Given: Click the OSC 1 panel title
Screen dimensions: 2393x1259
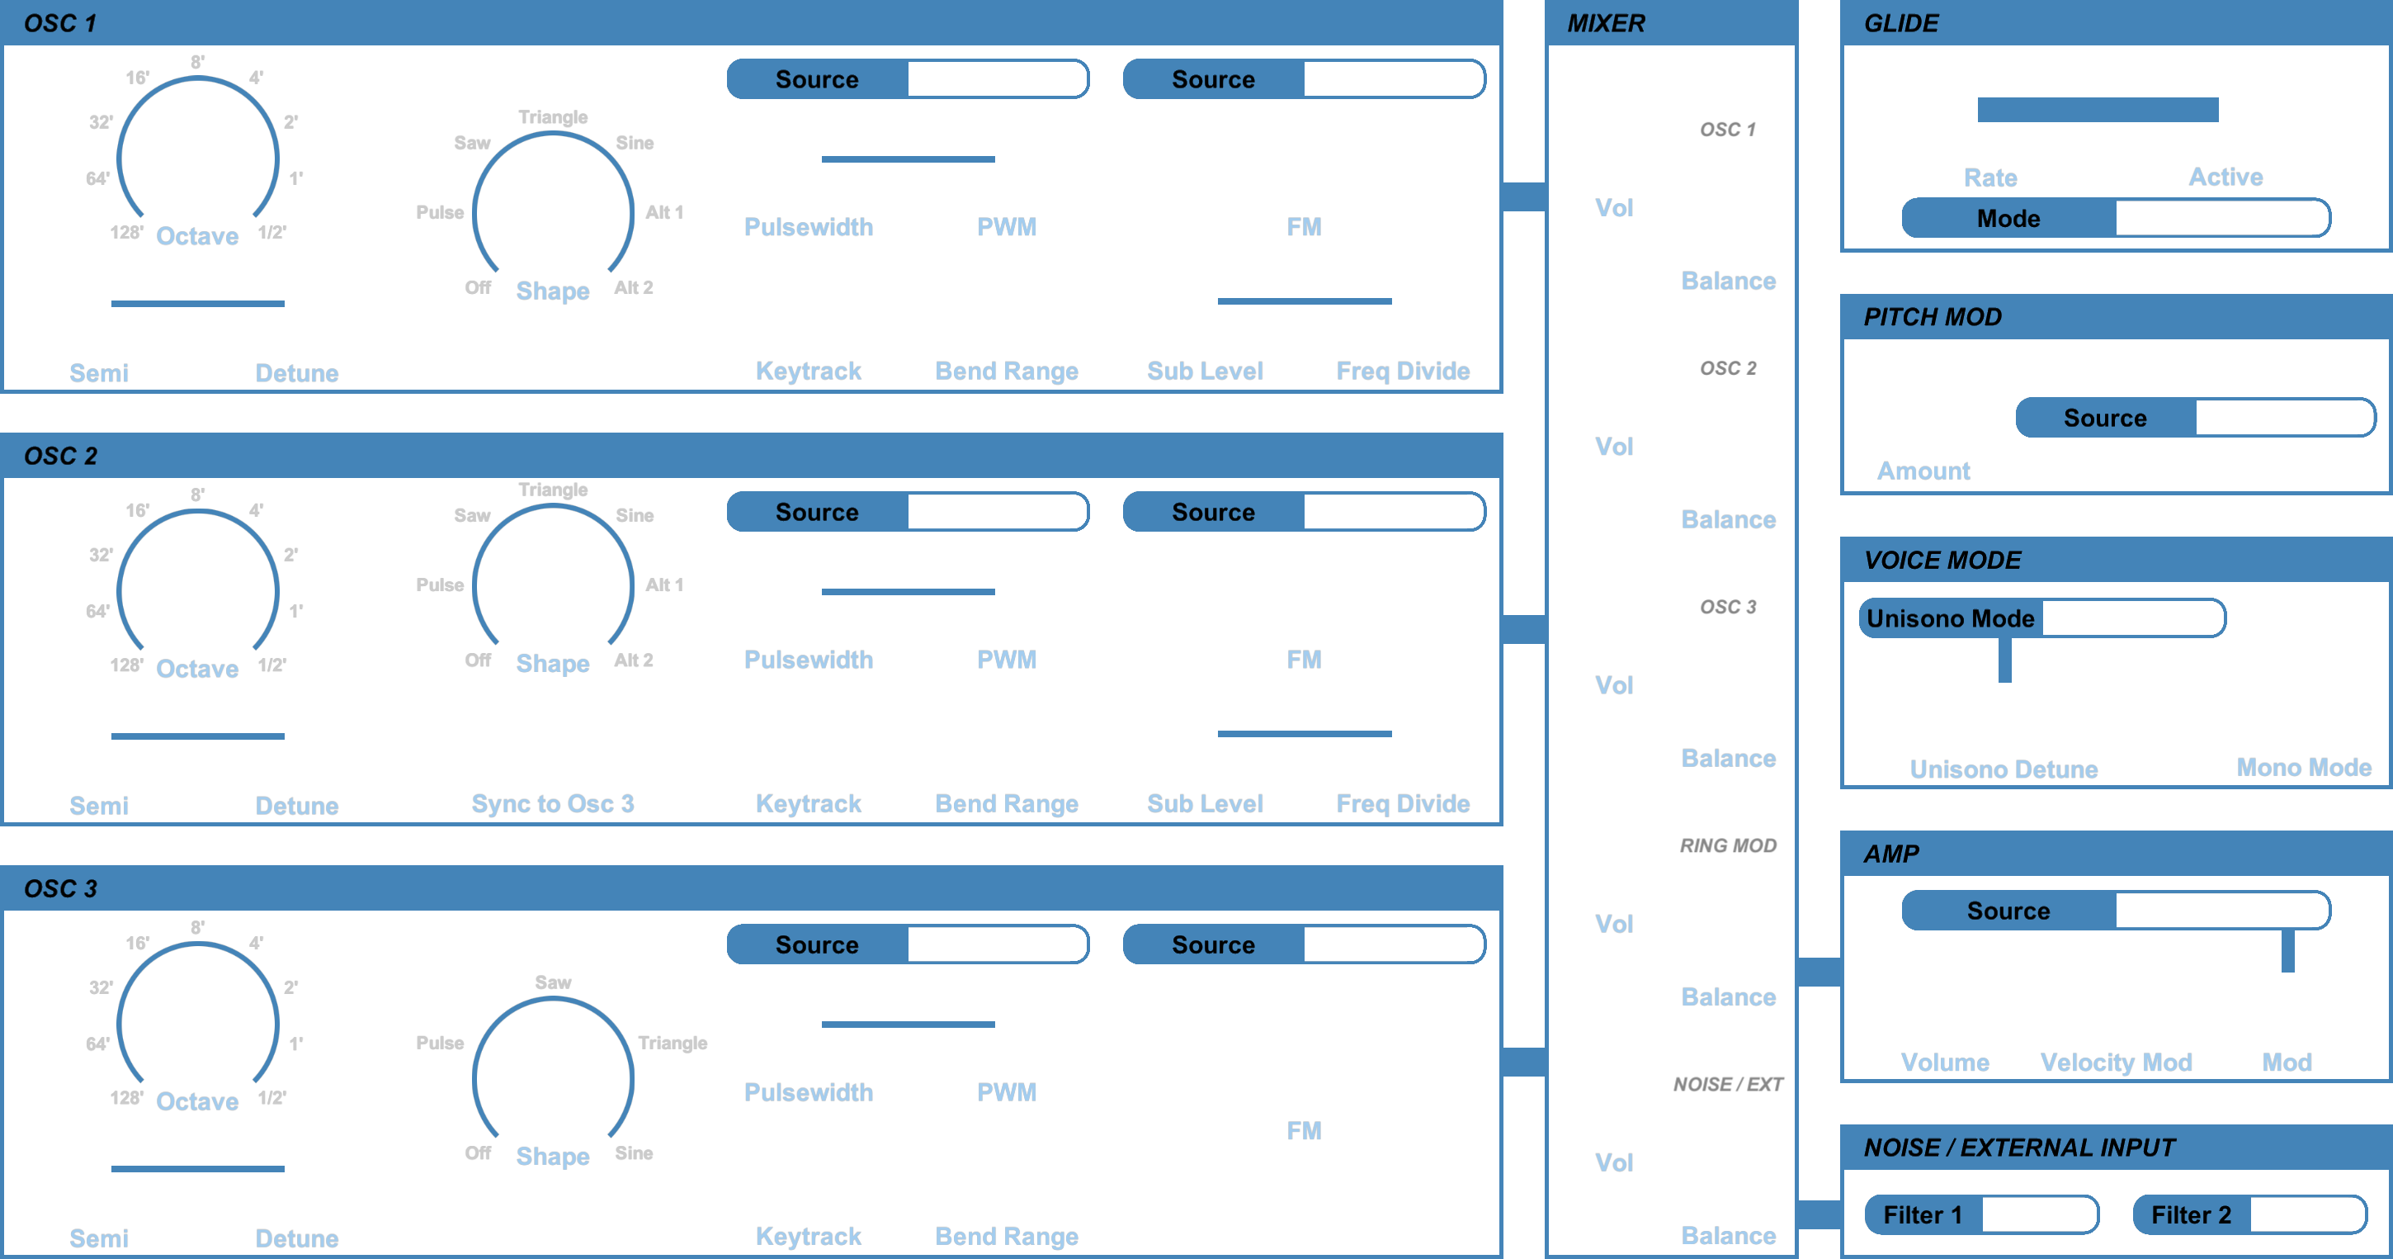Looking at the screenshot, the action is (60, 23).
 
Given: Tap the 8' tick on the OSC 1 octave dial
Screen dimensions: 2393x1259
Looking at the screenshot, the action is (198, 62).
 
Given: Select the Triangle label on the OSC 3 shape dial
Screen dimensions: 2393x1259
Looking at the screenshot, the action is (673, 1043).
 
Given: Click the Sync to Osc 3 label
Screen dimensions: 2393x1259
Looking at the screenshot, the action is (553, 804).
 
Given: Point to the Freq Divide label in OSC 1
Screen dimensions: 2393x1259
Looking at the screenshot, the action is (1403, 371).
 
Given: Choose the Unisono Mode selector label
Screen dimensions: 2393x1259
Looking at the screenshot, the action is (1950, 619).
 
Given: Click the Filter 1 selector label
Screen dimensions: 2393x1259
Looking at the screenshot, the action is (1922, 1215).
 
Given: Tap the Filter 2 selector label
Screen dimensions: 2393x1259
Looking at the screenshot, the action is (2191, 1215).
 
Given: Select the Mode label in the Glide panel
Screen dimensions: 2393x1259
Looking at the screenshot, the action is (2008, 218).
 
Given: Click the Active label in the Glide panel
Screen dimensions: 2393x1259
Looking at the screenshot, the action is (2225, 177).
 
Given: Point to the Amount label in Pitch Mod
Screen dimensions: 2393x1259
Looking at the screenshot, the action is (1923, 471).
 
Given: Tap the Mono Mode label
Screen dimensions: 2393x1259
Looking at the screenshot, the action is (2304, 768).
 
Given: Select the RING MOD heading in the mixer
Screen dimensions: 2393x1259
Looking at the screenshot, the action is (1728, 845).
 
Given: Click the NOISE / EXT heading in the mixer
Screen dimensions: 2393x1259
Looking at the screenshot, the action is (1728, 1084).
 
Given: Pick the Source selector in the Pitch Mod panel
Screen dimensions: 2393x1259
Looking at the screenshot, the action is (2195, 418).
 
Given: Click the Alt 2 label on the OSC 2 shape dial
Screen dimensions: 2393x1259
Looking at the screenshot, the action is (634, 660).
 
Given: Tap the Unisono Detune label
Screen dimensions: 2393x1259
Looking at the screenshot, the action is (2004, 769).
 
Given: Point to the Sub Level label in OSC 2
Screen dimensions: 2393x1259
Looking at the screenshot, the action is (1205, 804).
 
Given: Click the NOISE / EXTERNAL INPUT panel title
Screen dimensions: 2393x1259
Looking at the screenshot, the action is (2019, 1148).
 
